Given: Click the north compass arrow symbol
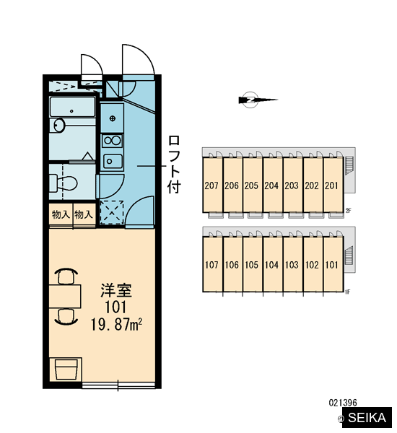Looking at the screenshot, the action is point(257,100).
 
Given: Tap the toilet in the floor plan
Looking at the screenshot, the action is point(63,183).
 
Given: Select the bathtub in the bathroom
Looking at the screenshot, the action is point(72,107).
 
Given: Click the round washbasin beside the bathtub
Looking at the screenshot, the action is point(58,126).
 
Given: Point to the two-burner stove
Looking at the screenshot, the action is point(112,141).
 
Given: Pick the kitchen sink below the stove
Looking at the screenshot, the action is point(112,161).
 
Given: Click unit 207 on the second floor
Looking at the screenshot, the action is point(212,185).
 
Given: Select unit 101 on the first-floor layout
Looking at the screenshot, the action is point(333,264).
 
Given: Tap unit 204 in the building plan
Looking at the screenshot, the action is point(272,185).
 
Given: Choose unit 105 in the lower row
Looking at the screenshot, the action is point(252,264).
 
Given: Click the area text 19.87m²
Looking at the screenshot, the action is point(116,324).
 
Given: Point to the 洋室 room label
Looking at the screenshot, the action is point(116,291).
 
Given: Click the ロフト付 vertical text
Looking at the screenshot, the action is point(174,164).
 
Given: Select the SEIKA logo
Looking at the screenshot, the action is point(367,417).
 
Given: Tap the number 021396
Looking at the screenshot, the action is point(343,403).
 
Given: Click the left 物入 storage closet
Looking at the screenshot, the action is point(61,214).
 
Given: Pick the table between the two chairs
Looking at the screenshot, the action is point(65,297).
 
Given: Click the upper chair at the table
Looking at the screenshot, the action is point(66,276).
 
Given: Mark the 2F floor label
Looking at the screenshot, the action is point(348,211).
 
